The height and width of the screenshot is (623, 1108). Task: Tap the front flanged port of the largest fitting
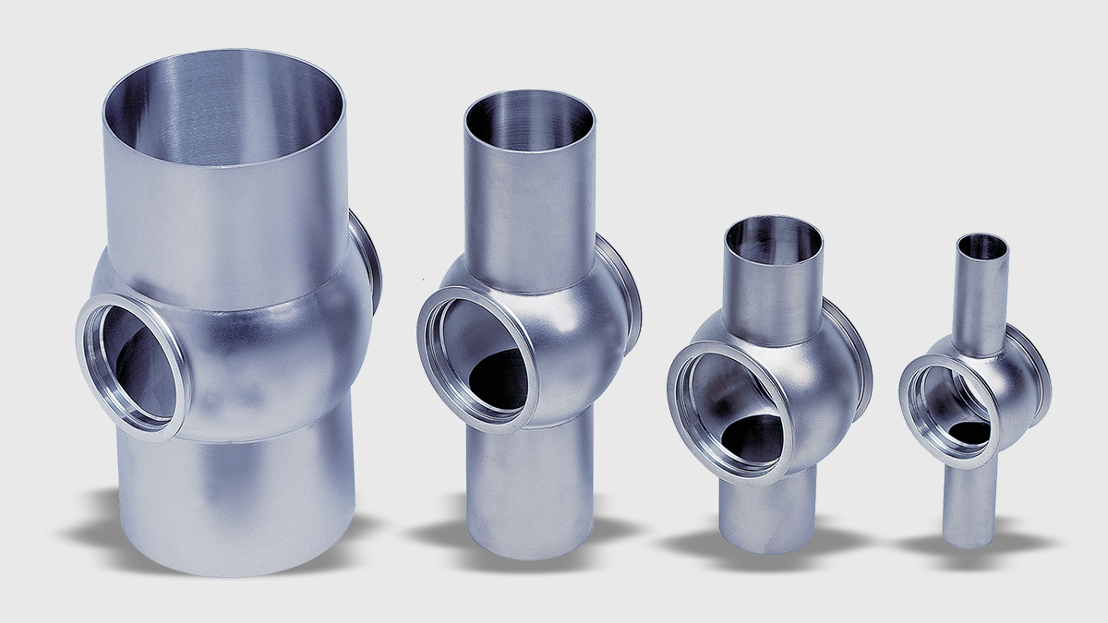pos(133,365)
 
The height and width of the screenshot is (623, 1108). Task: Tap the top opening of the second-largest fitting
pos(529,121)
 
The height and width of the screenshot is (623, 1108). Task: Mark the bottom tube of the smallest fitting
pos(968,503)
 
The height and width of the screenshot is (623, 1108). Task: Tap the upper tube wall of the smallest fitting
pos(983,305)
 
